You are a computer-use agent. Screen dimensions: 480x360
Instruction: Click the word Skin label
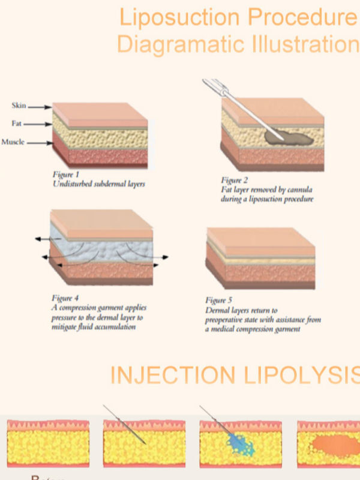pos(19,106)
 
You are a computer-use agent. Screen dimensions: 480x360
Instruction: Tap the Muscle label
pos(13,142)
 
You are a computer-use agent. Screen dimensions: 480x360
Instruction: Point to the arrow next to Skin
pos(40,107)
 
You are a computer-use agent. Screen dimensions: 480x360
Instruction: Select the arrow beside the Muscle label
pos(40,143)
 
